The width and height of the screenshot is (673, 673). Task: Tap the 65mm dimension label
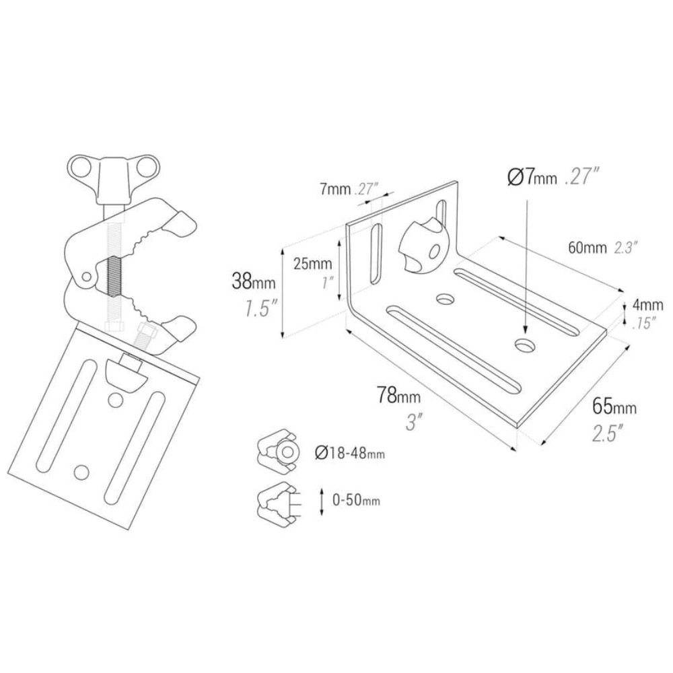(x=614, y=406)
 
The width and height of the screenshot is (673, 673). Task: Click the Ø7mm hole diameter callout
(x=532, y=178)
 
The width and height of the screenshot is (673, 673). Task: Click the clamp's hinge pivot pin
(x=85, y=277)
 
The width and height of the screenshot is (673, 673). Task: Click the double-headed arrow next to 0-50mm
(x=322, y=501)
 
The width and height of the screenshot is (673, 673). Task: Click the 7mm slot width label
(x=334, y=189)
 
